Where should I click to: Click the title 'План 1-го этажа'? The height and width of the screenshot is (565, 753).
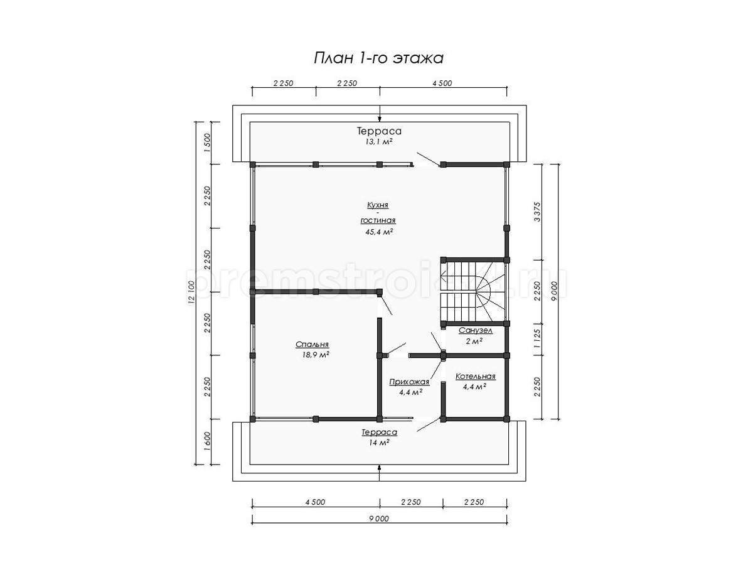pos(378,58)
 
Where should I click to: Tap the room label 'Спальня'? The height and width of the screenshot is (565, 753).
pos(312,344)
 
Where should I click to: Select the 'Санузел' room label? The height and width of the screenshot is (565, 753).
pos(476,330)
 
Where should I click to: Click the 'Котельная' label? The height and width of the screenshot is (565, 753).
pos(476,376)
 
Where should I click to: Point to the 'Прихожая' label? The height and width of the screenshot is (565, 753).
pos(409,382)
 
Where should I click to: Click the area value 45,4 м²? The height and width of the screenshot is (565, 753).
pos(379,232)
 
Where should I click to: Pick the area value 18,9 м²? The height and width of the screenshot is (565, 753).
pos(316,355)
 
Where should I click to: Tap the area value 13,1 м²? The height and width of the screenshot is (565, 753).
pos(379,142)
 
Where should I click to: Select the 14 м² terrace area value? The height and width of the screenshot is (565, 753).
pos(379,443)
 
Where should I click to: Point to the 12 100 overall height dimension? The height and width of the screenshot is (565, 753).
pos(191,293)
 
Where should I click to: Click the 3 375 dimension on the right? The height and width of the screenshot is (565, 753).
pos(537,212)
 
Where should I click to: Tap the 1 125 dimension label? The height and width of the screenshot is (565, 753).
pos(537,338)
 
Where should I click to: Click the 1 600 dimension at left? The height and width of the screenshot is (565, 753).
pos(206,442)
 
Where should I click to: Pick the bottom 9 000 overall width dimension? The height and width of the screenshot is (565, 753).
pos(379,519)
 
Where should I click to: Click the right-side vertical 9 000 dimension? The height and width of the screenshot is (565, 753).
pos(553,291)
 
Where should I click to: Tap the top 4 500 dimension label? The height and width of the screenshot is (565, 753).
pos(442,83)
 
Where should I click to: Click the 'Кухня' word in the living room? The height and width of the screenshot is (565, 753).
pos(378,205)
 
